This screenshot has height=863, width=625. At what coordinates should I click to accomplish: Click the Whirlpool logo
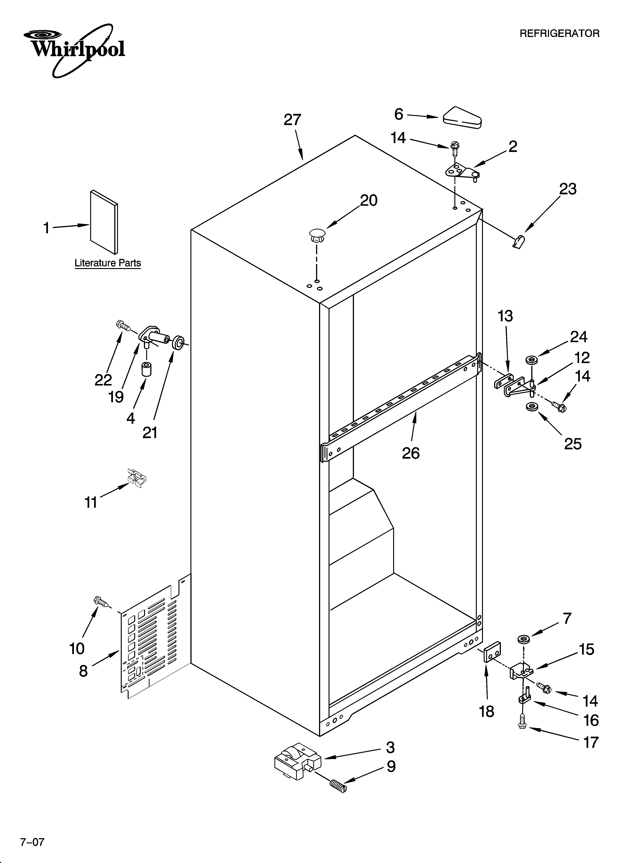coord(74,49)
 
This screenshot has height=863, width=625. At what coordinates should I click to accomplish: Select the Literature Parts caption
coord(108,263)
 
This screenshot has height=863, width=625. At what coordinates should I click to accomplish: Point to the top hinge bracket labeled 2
coord(462,172)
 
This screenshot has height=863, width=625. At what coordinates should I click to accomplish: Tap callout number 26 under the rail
coord(411,453)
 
